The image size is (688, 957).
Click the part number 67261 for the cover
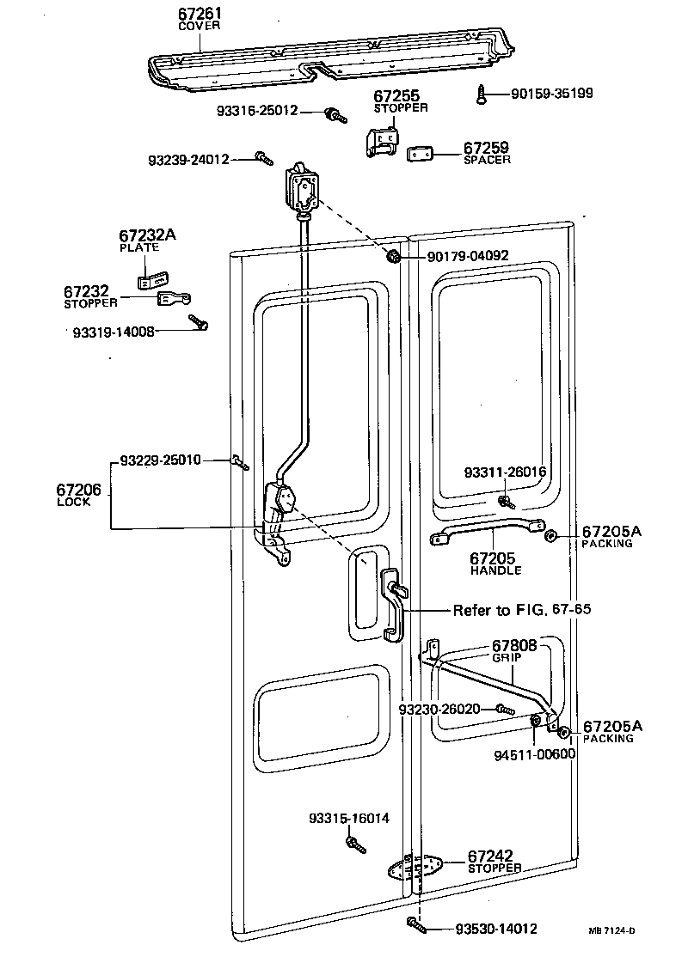click(199, 15)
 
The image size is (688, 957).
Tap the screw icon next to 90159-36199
click(482, 94)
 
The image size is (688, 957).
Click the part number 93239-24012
click(187, 159)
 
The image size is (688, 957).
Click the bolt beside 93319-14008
click(200, 322)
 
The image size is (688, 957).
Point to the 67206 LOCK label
click(79, 494)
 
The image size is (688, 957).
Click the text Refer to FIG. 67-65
click(522, 610)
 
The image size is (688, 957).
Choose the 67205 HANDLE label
click(494, 563)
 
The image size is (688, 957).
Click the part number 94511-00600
click(534, 755)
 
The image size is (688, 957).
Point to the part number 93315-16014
click(349, 818)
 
